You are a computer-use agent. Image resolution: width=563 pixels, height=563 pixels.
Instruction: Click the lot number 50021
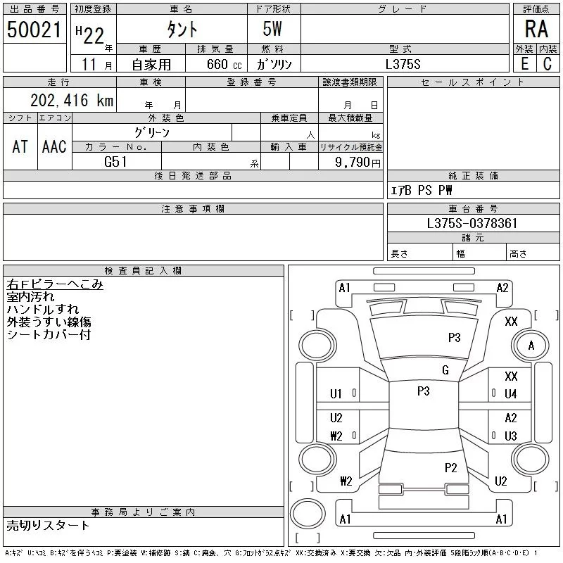point(34,30)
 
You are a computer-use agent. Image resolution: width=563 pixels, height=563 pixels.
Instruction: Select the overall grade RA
point(536,29)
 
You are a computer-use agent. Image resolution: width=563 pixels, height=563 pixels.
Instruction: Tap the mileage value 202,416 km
point(72,100)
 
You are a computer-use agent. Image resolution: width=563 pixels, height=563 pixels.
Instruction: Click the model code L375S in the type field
point(403,64)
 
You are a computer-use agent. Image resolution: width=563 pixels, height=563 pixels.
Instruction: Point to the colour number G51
point(115,162)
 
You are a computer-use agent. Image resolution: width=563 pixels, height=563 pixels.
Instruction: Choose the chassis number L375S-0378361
point(472,223)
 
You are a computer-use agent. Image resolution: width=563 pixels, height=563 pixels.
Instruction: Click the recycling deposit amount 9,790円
point(358,163)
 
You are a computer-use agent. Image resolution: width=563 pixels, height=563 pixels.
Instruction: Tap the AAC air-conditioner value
point(54,146)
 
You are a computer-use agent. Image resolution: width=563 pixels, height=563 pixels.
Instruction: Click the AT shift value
point(20,146)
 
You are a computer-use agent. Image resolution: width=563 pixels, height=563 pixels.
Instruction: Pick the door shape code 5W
point(272,29)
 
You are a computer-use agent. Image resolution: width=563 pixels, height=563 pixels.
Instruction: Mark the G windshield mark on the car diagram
point(445,370)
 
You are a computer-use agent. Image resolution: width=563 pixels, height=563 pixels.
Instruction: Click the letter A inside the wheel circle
point(531,346)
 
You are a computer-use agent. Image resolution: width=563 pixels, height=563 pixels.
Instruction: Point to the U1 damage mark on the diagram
point(336,394)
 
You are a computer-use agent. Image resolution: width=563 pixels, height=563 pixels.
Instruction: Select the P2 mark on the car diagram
point(450,467)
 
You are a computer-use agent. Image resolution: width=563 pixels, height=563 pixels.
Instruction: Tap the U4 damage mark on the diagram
point(511,394)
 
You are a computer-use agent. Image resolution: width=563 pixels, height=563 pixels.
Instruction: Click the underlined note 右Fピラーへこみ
point(55,284)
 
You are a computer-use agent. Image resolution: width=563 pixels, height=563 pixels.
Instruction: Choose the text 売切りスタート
point(48,525)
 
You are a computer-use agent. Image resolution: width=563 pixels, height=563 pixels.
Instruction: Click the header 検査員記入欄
point(143,271)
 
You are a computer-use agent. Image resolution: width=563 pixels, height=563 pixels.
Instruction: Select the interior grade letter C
point(548,64)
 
